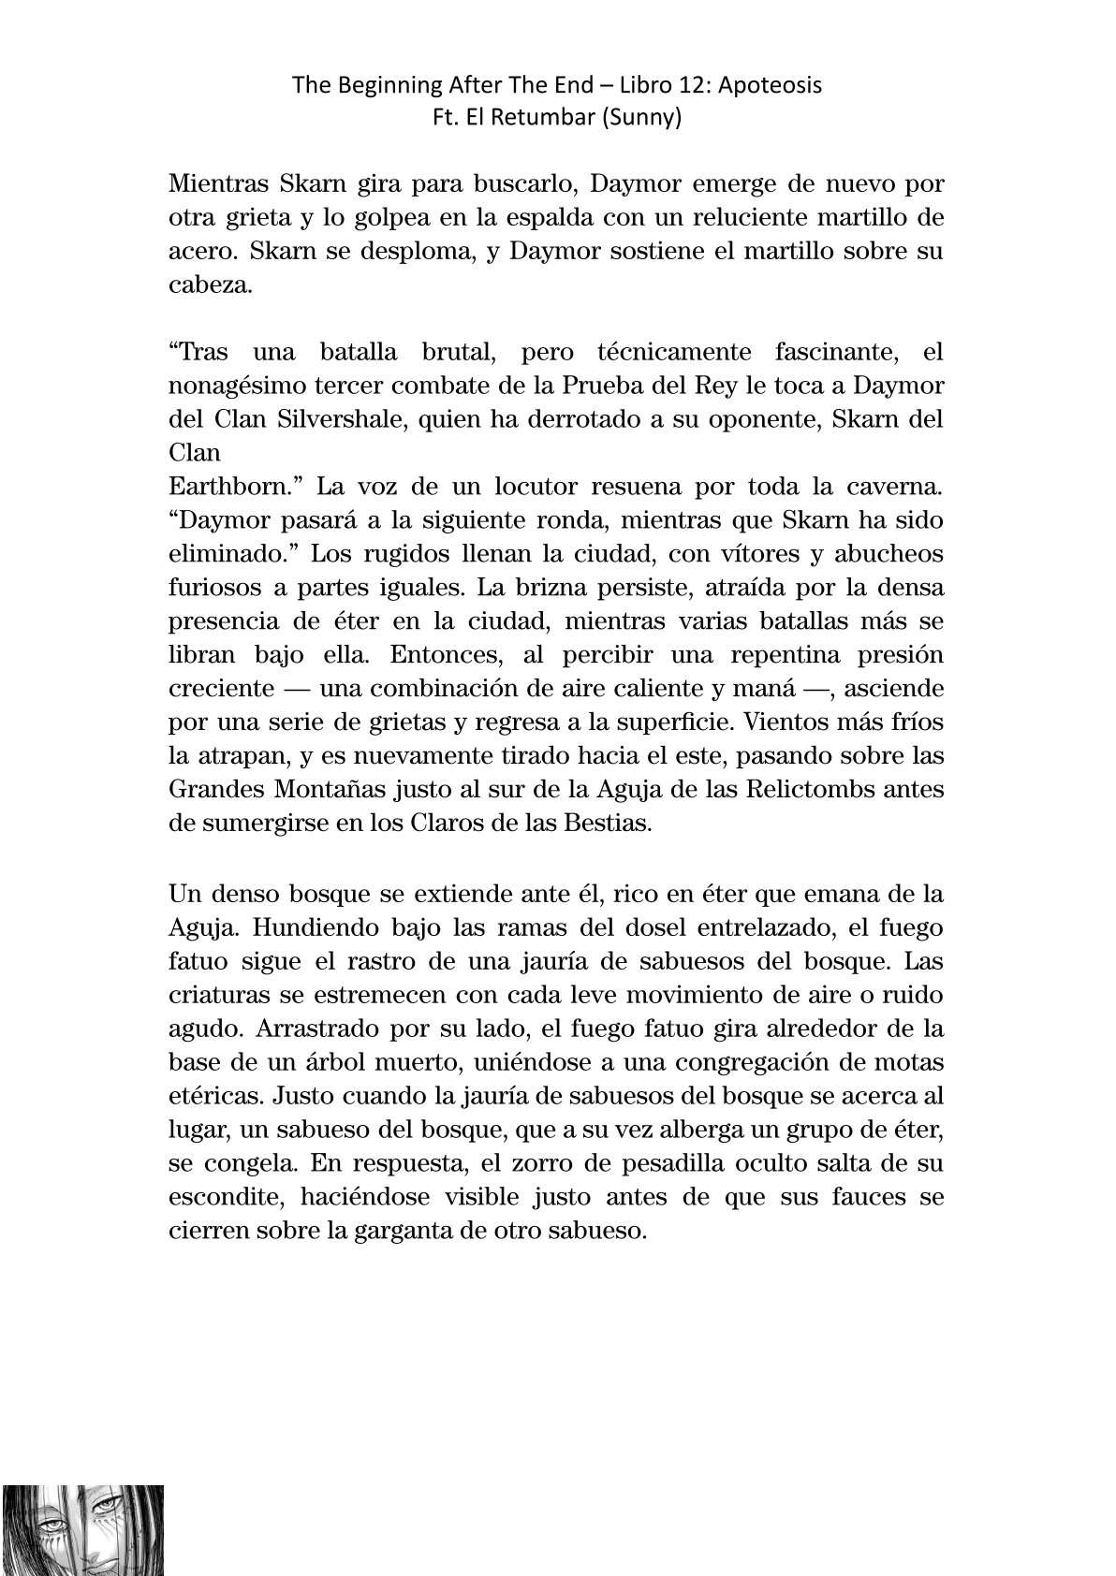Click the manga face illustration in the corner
point(82,1529)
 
